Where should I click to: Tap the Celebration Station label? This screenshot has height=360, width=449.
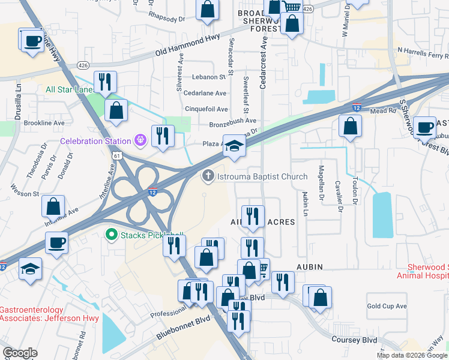coord(95,141)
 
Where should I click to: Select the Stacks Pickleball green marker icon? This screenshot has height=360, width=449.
coord(111,235)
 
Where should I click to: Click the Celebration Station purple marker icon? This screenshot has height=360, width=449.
coord(140,141)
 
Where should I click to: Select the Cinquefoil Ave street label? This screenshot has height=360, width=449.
coord(206,109)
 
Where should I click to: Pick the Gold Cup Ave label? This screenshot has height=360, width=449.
coord(387,306)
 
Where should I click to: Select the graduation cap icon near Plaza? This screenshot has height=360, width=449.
coord(234,145)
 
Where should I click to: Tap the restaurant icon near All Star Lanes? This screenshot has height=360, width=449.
coord(106,82)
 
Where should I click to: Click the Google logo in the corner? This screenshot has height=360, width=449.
coord(20,353)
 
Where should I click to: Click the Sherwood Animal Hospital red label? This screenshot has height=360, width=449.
coord(423,271)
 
